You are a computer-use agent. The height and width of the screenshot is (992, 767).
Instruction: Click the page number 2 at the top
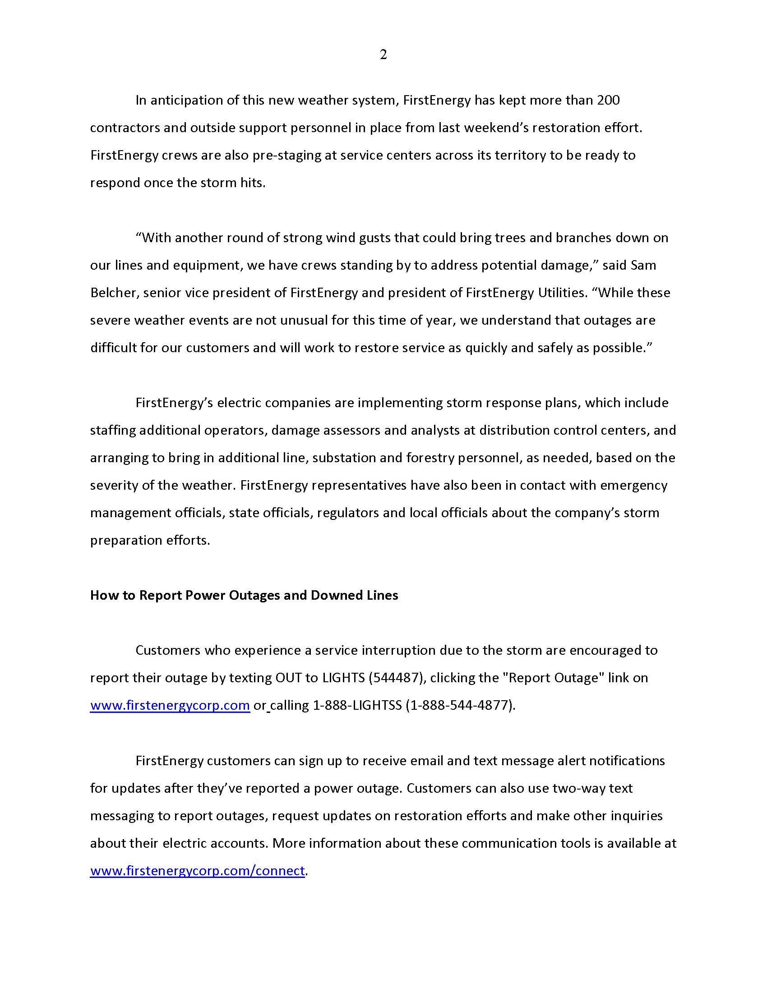[x=383, y=55]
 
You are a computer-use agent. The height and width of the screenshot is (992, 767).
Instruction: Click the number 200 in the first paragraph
[x=608, y=100]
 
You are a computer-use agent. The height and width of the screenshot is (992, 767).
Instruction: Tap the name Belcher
[x=113, y=293]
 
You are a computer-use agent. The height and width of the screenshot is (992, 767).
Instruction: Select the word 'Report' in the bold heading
[x=160, y=595]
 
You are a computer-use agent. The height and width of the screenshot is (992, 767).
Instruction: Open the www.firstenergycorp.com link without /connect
[x=170, y=705]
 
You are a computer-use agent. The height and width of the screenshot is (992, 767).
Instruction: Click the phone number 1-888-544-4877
[x=460, y=705]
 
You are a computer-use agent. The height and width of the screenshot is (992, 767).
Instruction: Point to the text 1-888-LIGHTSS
[x=357, y=705]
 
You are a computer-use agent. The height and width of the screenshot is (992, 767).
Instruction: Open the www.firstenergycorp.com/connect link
[x=197, y=870]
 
